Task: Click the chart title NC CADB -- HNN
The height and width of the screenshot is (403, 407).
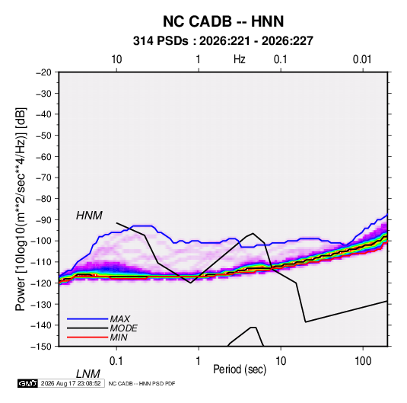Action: [x=223, y=21]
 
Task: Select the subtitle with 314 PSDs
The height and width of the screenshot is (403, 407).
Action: [x=223, y=41]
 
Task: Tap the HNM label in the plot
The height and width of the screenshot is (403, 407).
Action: [x=89, y=216]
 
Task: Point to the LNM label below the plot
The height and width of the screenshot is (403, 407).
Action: [x=88, y=374]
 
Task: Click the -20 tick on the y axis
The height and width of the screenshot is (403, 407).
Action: [x=43, y=72]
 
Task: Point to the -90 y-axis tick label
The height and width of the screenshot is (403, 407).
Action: [x=43, y=219]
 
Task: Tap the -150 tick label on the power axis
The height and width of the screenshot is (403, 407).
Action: [x=41, y=347]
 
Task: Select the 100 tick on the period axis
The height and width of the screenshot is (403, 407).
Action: [x=363, y=361]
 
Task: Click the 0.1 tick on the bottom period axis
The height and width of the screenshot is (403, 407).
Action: [x=116, y=361]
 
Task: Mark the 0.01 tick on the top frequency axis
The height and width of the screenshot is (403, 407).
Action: [x=362, y=59]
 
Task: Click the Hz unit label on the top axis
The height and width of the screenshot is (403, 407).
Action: [x=240, y=59]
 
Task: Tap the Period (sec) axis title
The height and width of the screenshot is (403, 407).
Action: [x=240, y=369]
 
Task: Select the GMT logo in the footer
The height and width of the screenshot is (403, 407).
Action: [x=28, y=383]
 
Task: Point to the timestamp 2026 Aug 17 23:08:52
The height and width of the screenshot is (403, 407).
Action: [x=71, y=383]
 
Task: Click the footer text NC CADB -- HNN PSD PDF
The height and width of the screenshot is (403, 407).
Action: [x=141, y=383]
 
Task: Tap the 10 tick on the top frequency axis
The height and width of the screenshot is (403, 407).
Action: [x=116, y=59]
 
